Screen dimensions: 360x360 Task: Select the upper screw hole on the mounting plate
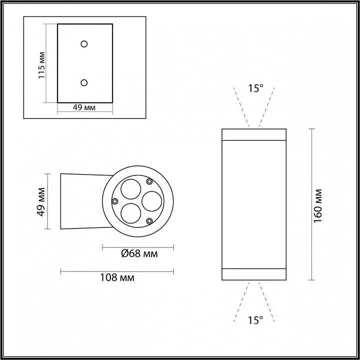(84, 43)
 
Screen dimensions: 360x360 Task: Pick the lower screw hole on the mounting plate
(84, 82)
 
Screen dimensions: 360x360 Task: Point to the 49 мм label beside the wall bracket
(42, 201)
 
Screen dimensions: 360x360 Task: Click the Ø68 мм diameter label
(139, 254)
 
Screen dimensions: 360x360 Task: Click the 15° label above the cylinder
(255, 88)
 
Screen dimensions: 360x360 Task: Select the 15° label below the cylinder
(255, 320)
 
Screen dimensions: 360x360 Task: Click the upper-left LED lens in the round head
(131, 189)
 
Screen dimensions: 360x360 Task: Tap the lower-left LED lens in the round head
(131, 212)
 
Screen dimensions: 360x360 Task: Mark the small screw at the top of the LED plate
(149, 181)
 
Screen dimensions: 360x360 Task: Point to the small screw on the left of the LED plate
(115, 201)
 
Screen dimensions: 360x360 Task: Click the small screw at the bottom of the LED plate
(149, 220)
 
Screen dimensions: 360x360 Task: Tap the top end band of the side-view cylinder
(254, 134)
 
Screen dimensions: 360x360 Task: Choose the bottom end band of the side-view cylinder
(254, 273)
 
